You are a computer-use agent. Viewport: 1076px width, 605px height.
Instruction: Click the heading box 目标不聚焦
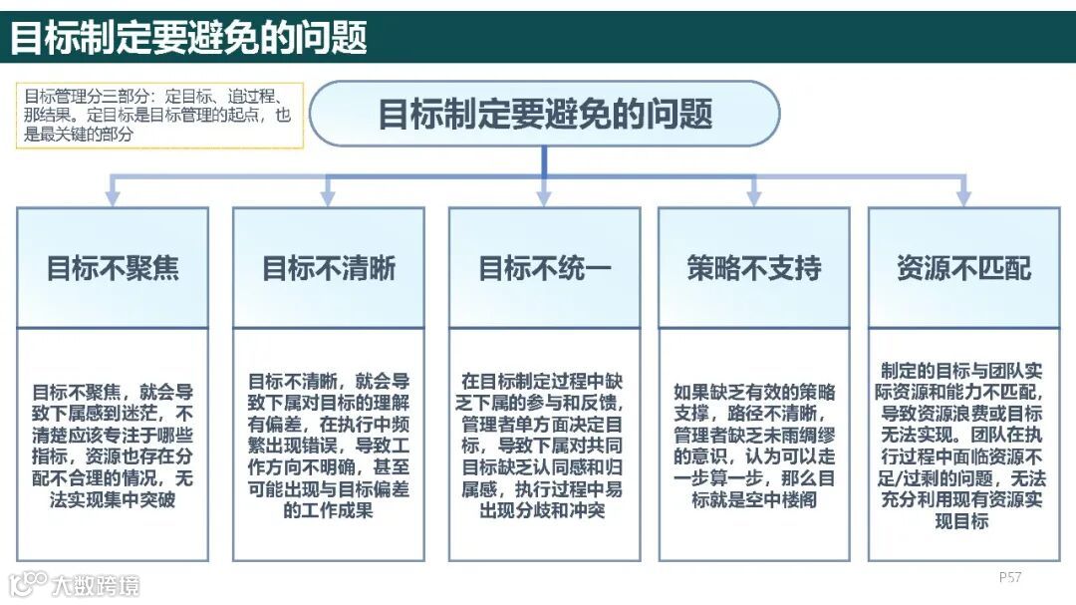(x=113, y=268)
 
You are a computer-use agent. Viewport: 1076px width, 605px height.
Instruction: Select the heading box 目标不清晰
(x=329, y=268)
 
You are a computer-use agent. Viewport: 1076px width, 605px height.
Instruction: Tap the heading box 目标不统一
(x=544, y=268)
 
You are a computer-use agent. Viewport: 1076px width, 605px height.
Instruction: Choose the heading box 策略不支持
(x=754, y=268)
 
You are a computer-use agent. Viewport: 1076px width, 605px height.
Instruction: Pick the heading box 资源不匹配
(x=963, y=268)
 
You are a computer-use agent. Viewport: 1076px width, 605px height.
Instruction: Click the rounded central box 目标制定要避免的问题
(x=544, y=114)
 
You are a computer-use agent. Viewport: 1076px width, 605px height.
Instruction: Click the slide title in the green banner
(x=189, y=38)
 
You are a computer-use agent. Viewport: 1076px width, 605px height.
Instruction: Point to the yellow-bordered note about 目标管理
(x=159, y=116)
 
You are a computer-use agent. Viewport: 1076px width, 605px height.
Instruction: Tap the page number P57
(x=1010, y=577)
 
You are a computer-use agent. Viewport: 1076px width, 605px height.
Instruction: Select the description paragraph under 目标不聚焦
(x=113, y=445)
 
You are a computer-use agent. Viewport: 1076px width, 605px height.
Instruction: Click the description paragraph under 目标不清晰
(x=329, y=445)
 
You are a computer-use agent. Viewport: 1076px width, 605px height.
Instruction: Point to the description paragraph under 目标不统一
(x=544, y=445)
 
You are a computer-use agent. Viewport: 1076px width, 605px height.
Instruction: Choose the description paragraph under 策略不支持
(x=754, y=445)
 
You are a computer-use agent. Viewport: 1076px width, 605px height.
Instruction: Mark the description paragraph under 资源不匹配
(x=963, y=445)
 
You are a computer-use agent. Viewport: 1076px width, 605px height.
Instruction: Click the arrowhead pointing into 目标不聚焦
(x=113, y=197)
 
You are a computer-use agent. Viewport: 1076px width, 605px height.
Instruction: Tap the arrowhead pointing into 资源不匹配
(x=963, y=197)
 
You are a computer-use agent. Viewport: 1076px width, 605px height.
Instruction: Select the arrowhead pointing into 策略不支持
(x=754, y=197)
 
